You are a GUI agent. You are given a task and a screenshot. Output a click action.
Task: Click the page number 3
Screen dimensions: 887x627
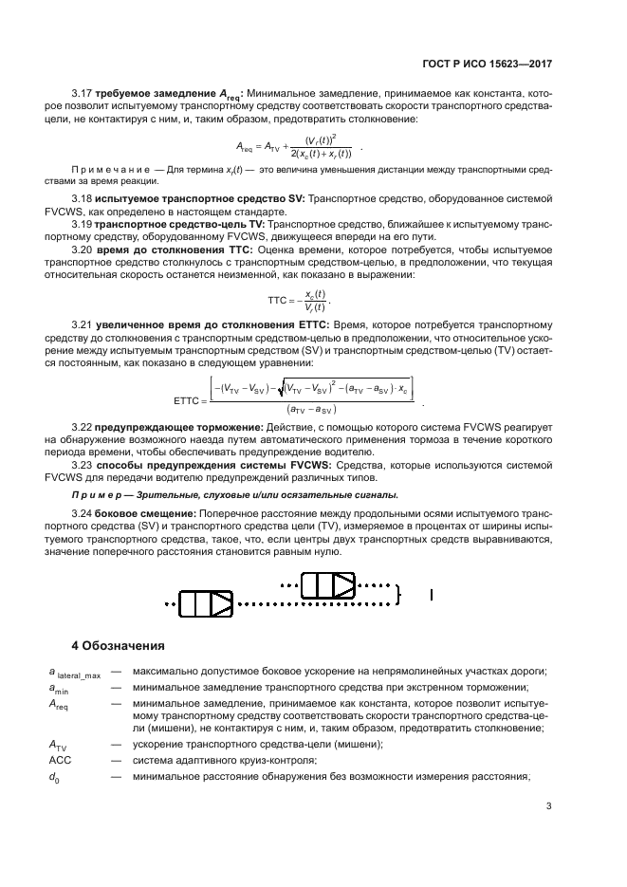pos(548,808)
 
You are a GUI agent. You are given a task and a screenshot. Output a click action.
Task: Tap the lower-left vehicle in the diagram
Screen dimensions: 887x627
pos(207,601)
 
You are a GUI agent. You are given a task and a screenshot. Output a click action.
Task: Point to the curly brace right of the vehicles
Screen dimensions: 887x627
pos(399,593)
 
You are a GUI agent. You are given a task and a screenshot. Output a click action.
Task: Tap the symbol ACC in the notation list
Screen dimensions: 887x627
pos(61,761)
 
